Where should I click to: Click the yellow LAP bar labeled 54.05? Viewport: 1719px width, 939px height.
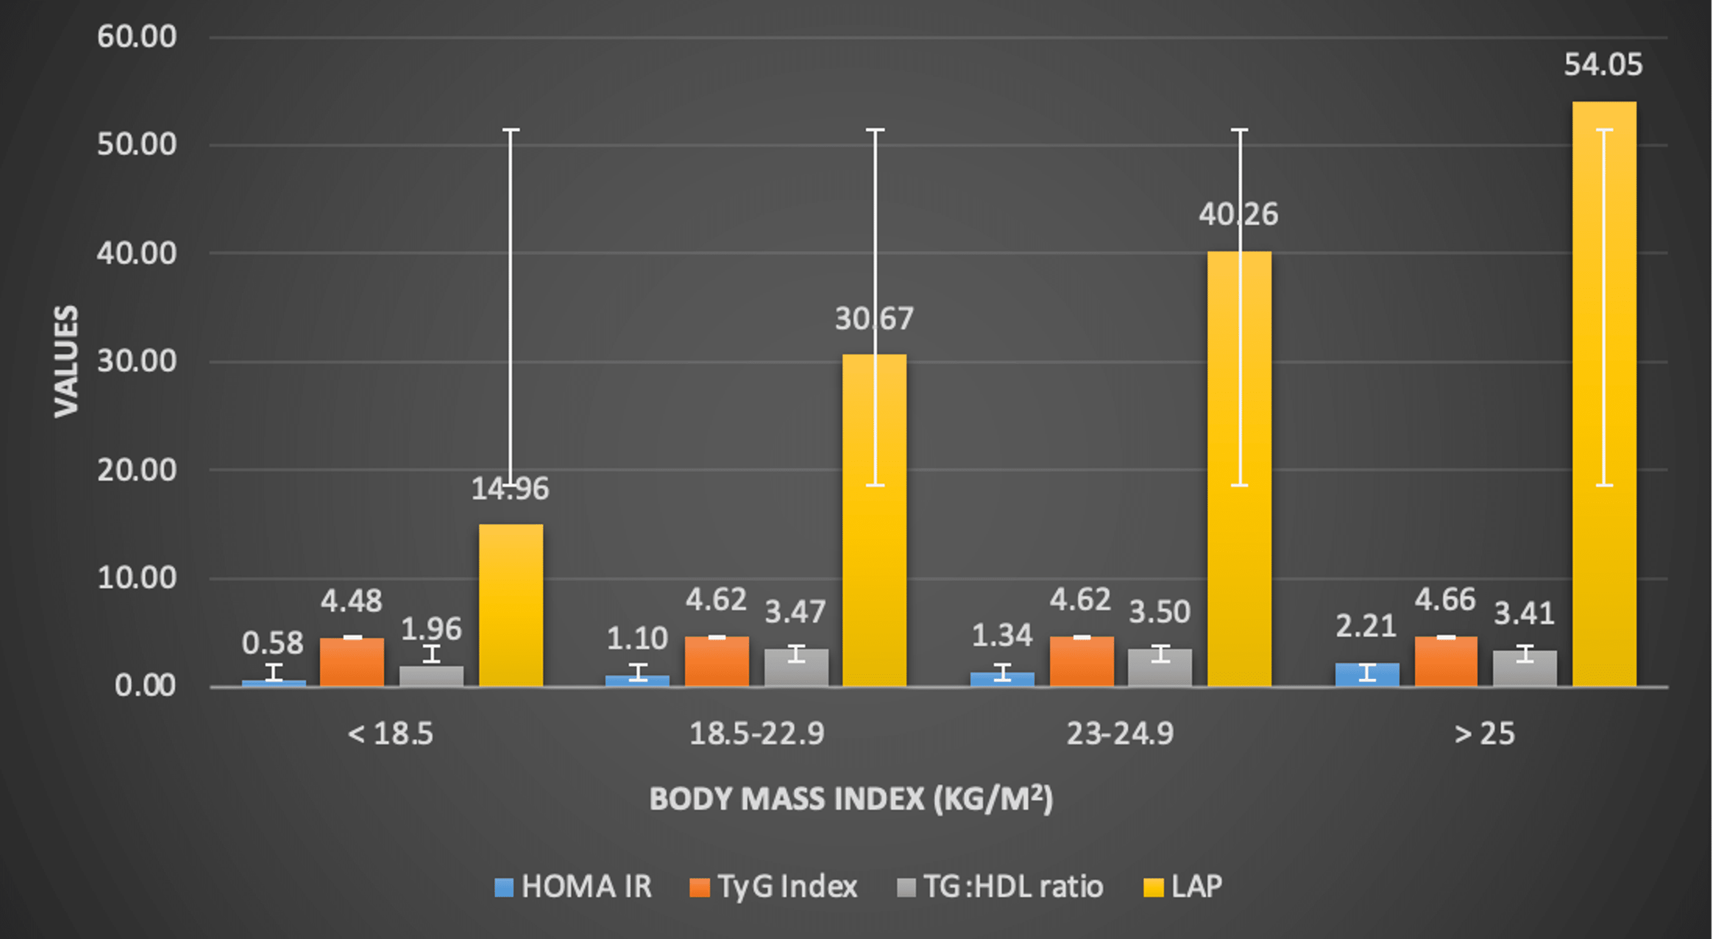coord(1604,400)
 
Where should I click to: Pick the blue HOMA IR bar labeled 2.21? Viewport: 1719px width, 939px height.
coord(1367,675)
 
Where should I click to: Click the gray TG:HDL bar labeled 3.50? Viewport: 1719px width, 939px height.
coord(1160,667)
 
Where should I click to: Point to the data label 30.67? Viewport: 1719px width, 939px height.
coord(873,319)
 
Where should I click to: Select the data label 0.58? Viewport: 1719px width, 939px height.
coord(272,643)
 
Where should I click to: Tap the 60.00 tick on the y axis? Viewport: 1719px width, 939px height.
coord(137,36)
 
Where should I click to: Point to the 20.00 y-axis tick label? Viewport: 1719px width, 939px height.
coord(137,470)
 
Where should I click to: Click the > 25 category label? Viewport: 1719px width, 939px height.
coord(1484,734)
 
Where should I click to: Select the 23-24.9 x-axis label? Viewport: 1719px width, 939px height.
coord(1120,734)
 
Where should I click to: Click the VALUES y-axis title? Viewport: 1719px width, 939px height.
coord(66,362)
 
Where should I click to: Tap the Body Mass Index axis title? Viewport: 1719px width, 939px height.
coord(851,799)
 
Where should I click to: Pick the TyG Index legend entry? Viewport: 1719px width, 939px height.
coord(774,887)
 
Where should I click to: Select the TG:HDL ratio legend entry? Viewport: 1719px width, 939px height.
coord(1001,887)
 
